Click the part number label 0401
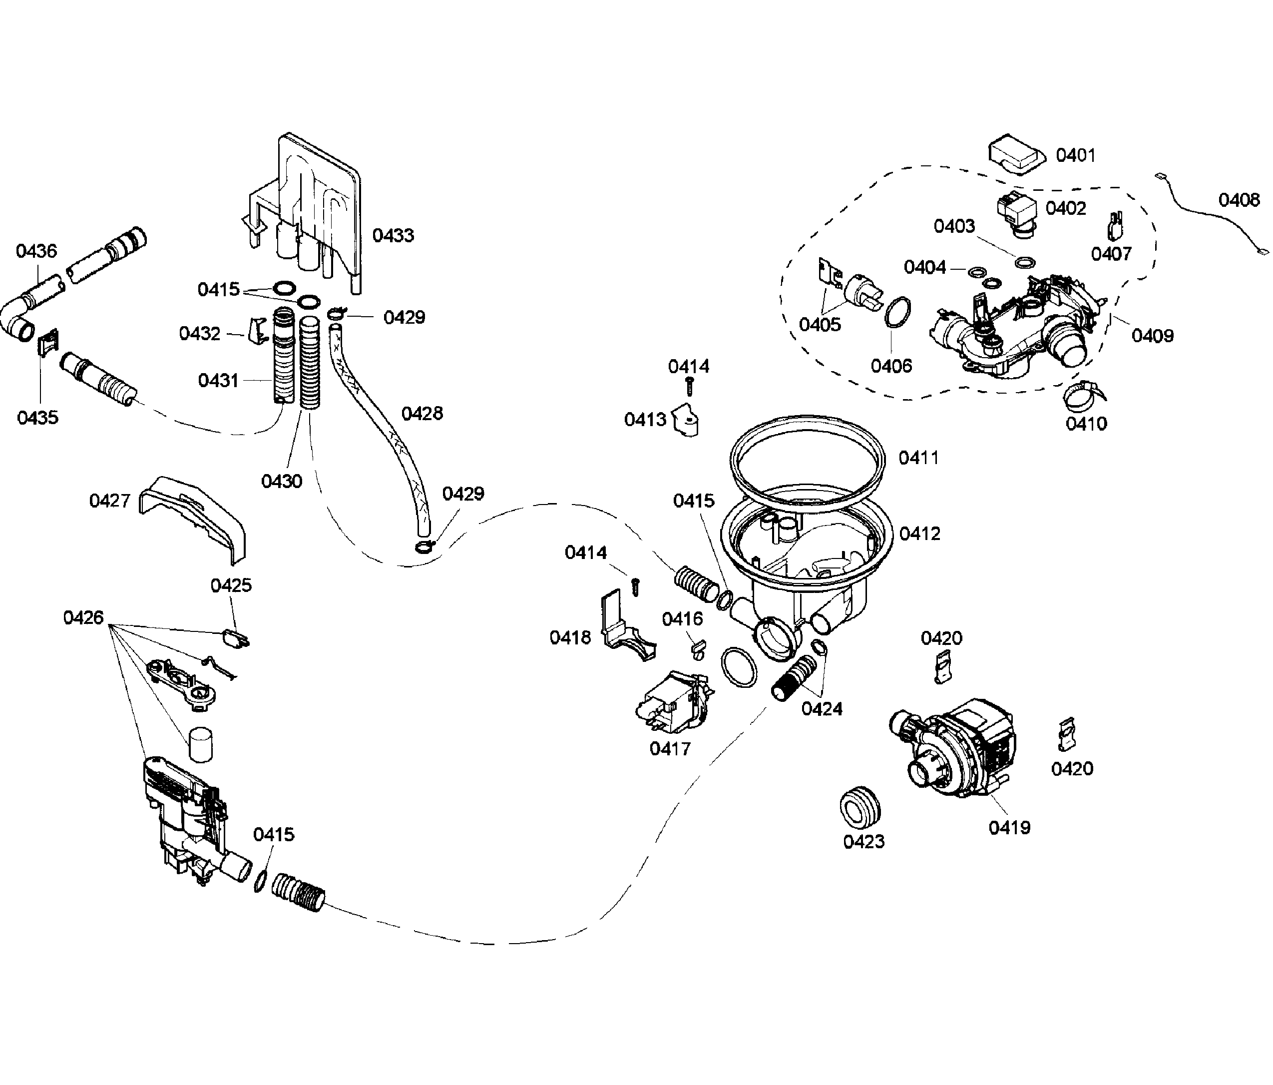coord(1075,155)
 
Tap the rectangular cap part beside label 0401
coord(1017,156)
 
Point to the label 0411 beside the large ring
coord(918,458)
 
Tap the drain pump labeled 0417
coord(673,703)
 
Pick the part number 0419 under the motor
coord(1009,828)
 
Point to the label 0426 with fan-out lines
coord(83,617)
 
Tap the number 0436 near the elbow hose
coord(36,251)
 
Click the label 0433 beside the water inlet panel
coord(393,235)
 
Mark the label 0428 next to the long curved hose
coord(422,414)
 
